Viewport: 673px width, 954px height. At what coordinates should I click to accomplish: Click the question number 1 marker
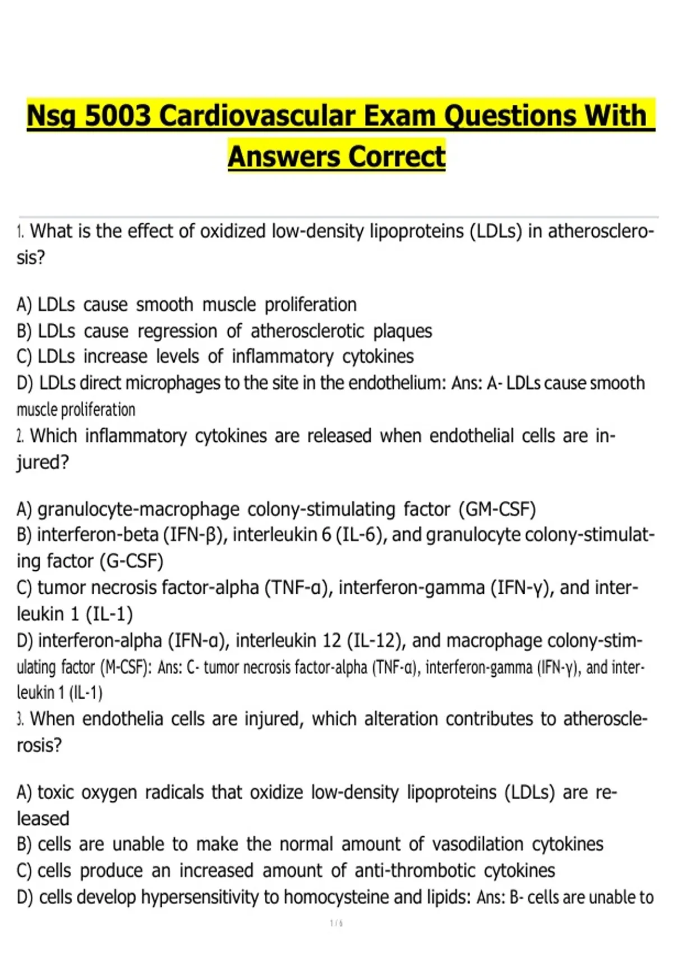tap(20, 231)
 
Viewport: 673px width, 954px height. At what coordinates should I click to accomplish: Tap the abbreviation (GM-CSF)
tap(497, 510)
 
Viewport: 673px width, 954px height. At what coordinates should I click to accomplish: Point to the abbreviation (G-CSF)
tap(131, 561)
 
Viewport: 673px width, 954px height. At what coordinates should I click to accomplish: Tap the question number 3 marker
tap(20, 719)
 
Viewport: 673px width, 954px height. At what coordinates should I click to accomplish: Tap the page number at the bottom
tap(336, 923)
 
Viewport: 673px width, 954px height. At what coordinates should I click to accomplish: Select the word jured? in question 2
tap(43, 462)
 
